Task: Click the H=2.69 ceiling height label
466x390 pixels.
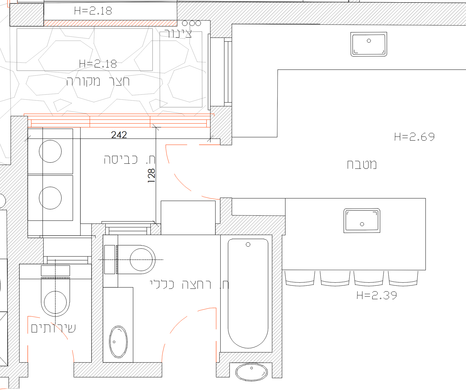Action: [x=414, y=137]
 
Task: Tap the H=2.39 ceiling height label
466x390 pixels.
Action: [x=377, y=295]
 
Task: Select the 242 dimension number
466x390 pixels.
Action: [x=119, y=135]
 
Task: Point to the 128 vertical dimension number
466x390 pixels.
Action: [x=151, y=176]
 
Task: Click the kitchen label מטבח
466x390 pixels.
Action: [x=362, y=165]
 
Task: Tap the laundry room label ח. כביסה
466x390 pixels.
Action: [x=129, y=160]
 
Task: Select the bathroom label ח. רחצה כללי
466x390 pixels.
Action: [x=189, y=285]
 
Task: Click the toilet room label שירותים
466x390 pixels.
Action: [x=53, y=328]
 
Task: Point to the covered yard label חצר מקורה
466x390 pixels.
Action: [x=98, y=81]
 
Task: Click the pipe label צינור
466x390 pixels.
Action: [x=178, y=33]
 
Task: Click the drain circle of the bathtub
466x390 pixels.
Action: [x=248, y=244]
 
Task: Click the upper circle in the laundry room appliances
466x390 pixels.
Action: [x=50, y=151]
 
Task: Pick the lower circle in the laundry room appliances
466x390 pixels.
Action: [x=50, y=198]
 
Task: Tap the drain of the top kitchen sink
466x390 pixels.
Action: [x=369, y=41]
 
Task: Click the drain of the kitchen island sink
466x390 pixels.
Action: [x=362, y=224]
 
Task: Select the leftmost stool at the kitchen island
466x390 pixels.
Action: [x=300, y=279]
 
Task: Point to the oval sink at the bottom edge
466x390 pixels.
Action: [x=251, y=372]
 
